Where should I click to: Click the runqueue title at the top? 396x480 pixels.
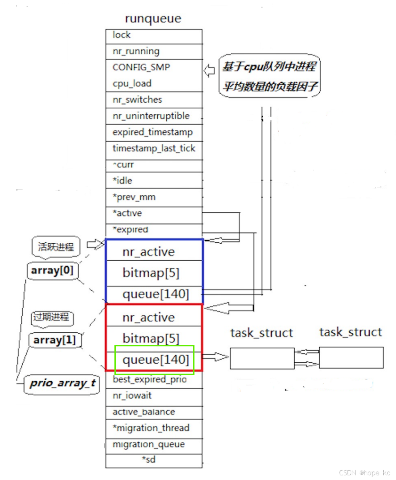point(153,19)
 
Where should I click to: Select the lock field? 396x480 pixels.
point(121,35)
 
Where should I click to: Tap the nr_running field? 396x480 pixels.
point(136,51)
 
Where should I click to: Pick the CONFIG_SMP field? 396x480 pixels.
point(141,67)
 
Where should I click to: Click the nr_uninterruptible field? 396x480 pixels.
point(151,116)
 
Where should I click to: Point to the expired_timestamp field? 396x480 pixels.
point(153,132)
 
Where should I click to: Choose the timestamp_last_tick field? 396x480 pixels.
point(154,148)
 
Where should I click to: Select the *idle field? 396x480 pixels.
point(122,181)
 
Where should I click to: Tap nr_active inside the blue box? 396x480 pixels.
point(148,252)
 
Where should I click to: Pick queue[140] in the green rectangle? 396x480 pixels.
point(155,360)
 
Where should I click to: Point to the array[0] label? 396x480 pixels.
point(51,271)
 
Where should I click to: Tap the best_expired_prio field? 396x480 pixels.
point(149,379)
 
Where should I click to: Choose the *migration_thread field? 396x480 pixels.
point(151,428)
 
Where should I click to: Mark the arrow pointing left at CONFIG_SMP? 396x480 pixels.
point(209,71)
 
